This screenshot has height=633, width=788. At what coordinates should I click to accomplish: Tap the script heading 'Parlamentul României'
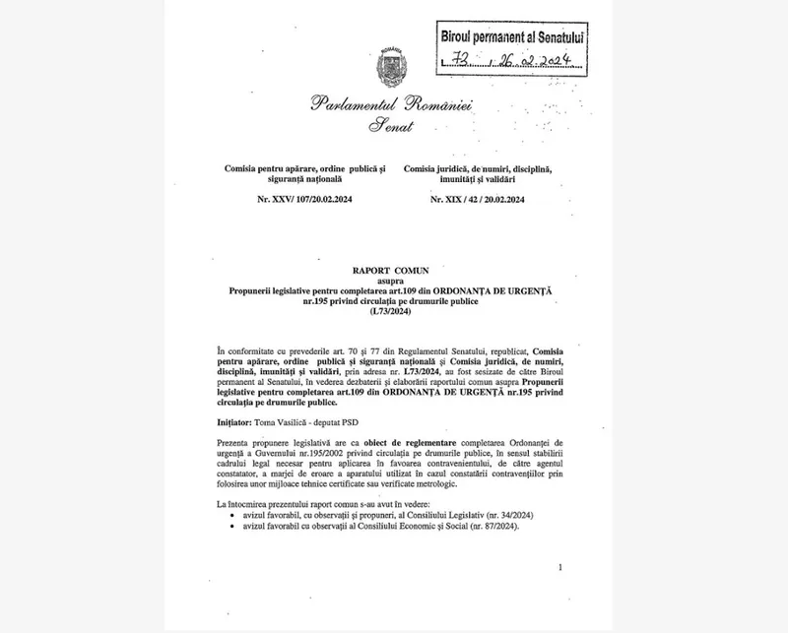coord(392,104)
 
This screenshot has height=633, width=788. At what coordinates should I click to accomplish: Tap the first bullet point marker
coord(230,515)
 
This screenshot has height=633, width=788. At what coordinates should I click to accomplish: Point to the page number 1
coord(558,568)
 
